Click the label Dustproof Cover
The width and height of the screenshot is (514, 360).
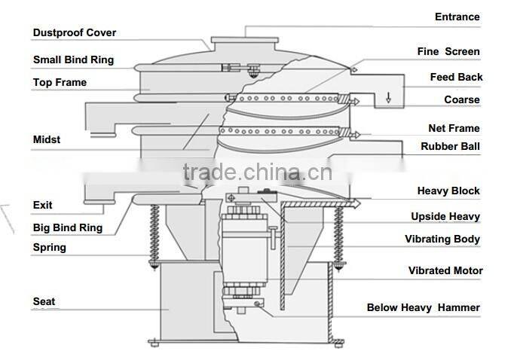point(74,33)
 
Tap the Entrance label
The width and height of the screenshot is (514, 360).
point(457,17)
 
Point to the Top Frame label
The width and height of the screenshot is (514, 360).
point(60,82)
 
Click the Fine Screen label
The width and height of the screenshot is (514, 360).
point(448,52)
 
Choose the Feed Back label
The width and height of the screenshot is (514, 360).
point(456,77)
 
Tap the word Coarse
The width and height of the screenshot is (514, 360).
point(461,99)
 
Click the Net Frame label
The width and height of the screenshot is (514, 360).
point(454,129)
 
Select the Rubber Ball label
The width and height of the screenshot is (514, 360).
point(450,146)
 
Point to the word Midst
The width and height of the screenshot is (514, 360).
point(47,139)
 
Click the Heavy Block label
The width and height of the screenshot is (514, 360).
point(448,191)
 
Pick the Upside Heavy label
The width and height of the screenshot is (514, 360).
point(445,217)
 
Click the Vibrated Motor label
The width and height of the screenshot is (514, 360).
point(445,270)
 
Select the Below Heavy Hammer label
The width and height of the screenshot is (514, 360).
point(423,307)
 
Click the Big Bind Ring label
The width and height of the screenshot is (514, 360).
point(68,227)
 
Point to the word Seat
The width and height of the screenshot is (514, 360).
point(44,302)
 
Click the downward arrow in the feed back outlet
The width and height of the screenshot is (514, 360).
point(388,96)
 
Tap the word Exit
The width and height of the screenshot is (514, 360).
point(42,204)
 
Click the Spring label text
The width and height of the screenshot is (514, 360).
point(49,247)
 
